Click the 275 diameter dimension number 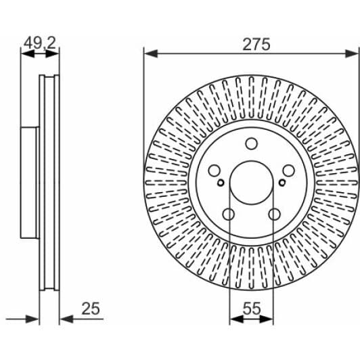click(256, 44)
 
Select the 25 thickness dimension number click(91, 309)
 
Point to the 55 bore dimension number click(252, 309)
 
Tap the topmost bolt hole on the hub click(251, 143)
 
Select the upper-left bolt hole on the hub click(214, 171)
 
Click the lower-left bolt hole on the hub click(229, 215)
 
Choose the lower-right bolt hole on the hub click(274, 215)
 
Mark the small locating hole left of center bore click(221, 182)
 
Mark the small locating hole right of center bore click(282, 182)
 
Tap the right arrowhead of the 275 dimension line click(354, 52)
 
